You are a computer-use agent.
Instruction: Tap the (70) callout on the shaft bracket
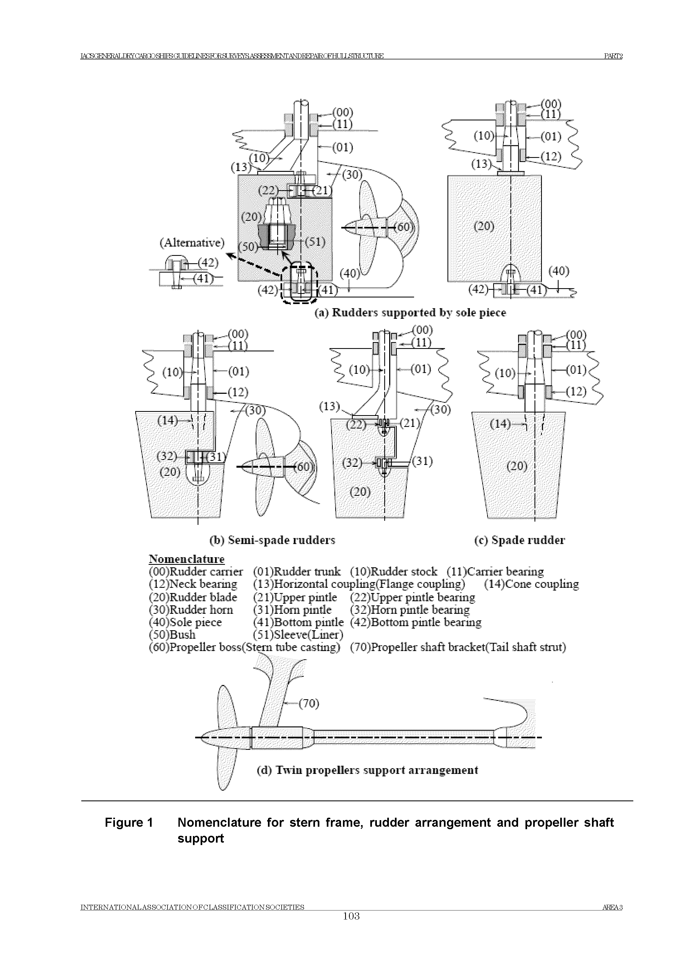(x=309, y=704)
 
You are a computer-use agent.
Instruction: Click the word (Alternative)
(x=192, y=243)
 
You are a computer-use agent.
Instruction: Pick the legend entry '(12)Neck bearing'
(x=193, y=584)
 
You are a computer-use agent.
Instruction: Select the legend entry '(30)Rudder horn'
(x=191, y=610)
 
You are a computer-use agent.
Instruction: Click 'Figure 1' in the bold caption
(x=129, y=823)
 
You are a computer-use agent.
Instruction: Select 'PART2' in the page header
(x=613, y=56)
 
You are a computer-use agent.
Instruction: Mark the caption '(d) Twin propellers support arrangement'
(x=367, y=770)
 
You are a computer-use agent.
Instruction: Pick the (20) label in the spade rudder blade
(x=516, y=465)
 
